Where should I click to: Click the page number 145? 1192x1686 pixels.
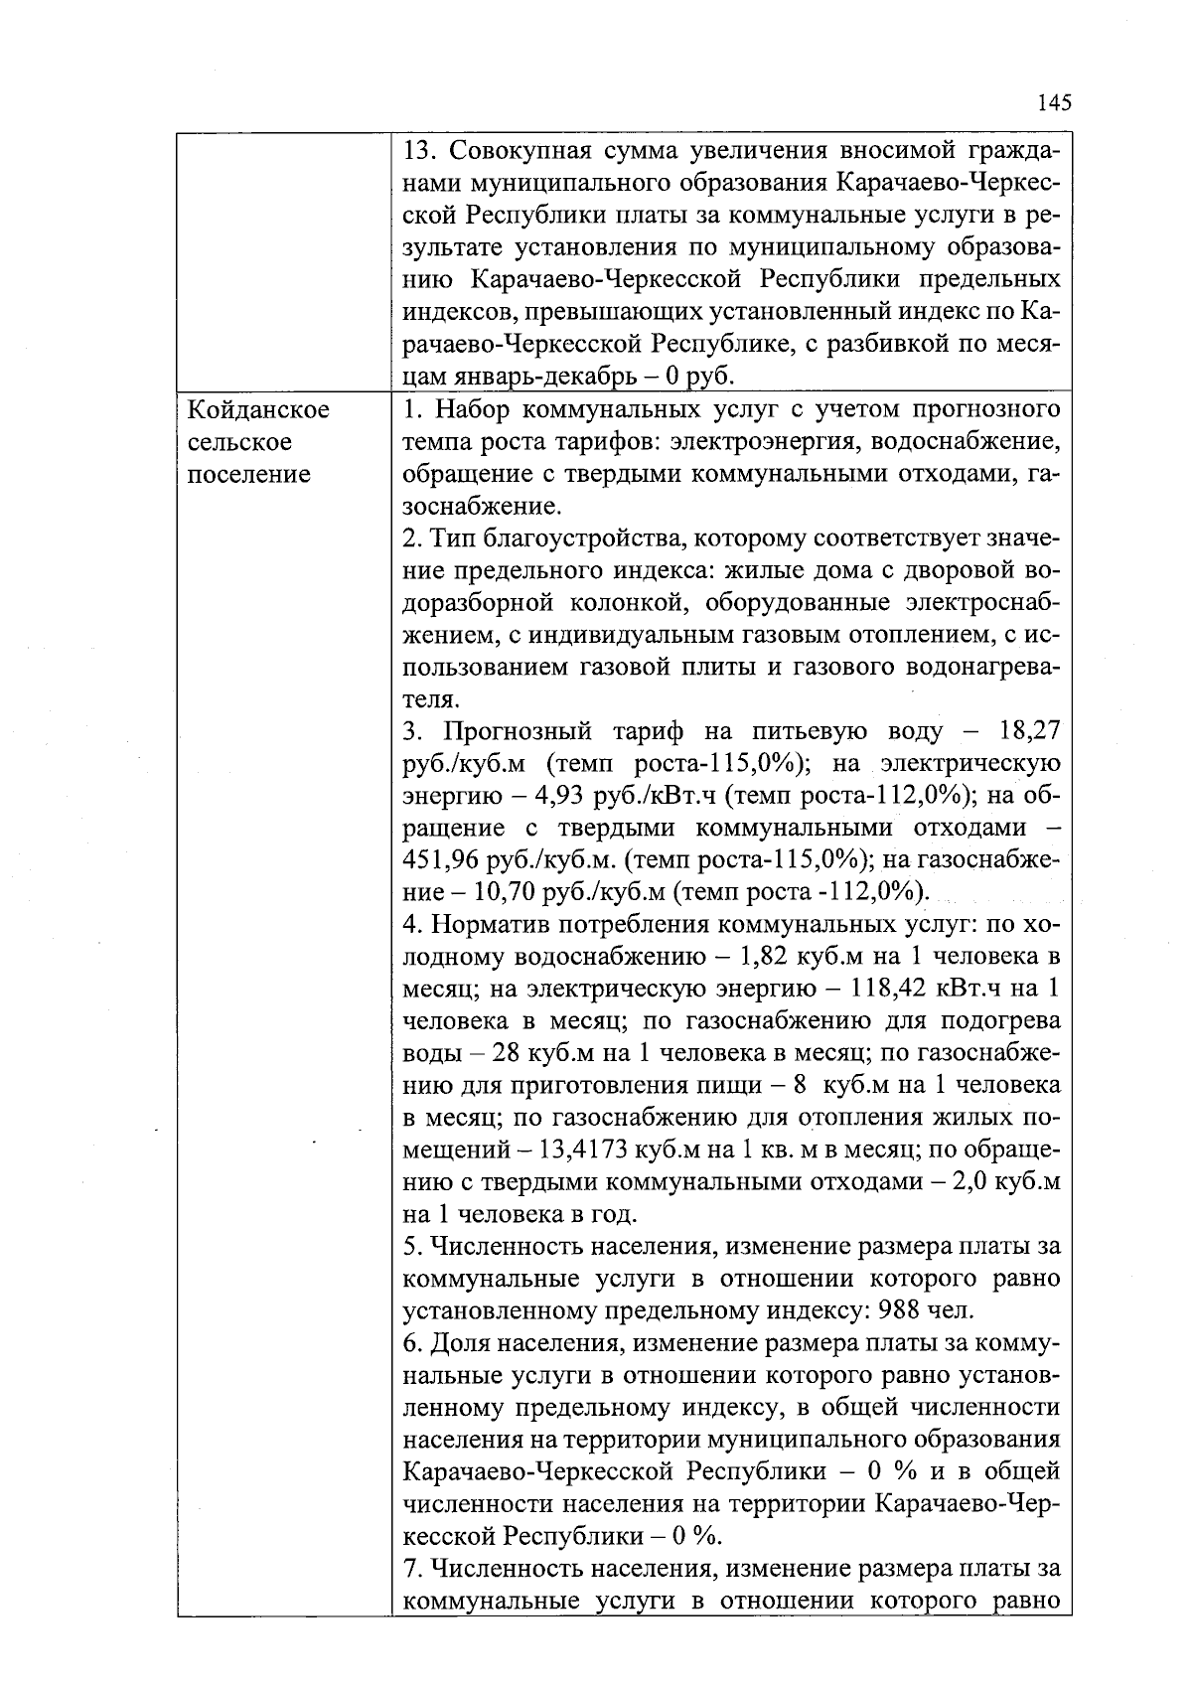click(1053, 102)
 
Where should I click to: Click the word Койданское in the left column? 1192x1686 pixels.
click(258, 410)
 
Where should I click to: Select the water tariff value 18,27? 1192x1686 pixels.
click(1030, 732)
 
